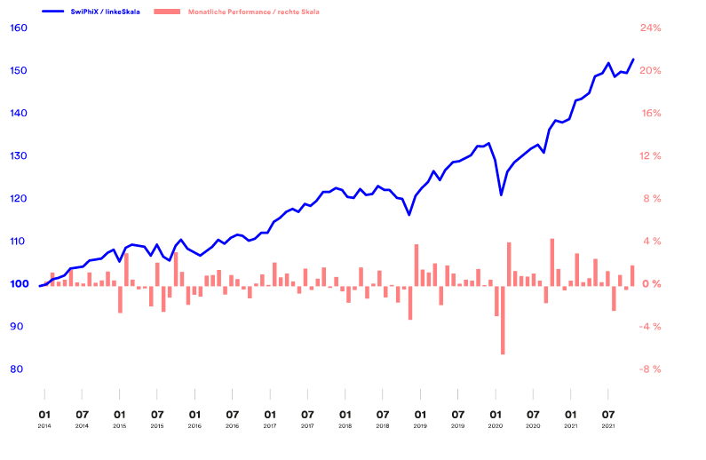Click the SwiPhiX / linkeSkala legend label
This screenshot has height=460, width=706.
click(107, 12)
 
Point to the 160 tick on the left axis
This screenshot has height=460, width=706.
click(20, 28)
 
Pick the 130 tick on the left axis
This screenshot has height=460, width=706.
click(20, 156)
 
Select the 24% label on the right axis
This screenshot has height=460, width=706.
click(651, 28)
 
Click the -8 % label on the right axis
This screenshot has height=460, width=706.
click(651, 369)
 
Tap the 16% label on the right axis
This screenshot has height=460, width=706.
click(651, 114)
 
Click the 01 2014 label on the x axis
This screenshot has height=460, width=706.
click(44, 417)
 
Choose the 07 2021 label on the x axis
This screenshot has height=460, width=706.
click(608, 417)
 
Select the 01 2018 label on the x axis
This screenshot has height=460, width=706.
click(345, 417)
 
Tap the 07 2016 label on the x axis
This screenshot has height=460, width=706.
click(232, 417)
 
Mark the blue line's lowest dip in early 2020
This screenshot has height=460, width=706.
click(502, 194)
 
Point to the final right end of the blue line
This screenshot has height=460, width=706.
click(633, 59)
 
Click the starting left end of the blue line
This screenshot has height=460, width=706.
click(40, 286)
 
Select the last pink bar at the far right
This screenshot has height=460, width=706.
click(632, 274)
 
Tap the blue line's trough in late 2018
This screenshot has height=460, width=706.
click(409, 215)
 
